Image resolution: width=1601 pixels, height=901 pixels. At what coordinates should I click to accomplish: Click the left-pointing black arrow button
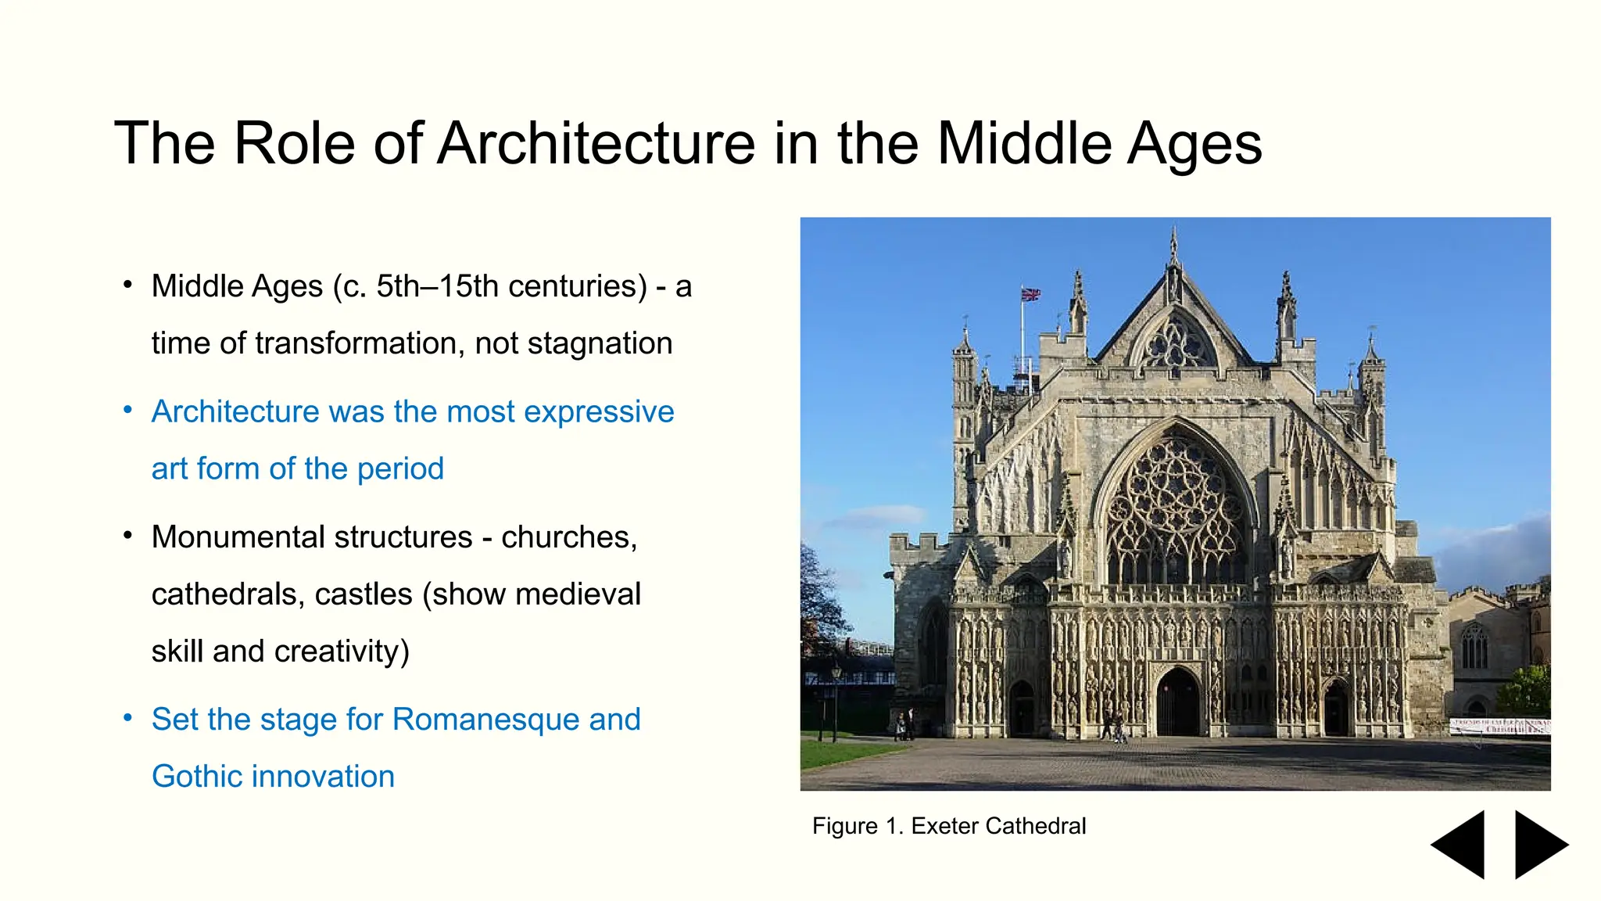coord(1459,845)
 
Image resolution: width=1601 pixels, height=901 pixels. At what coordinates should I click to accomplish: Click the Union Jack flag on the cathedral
coord(1031,295)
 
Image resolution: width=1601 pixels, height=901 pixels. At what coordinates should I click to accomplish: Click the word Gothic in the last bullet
coord(197,777)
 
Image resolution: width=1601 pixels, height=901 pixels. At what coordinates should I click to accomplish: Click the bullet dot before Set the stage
coord(128,718)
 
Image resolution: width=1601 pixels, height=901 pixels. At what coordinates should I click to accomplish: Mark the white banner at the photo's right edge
coord(1499,725)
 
